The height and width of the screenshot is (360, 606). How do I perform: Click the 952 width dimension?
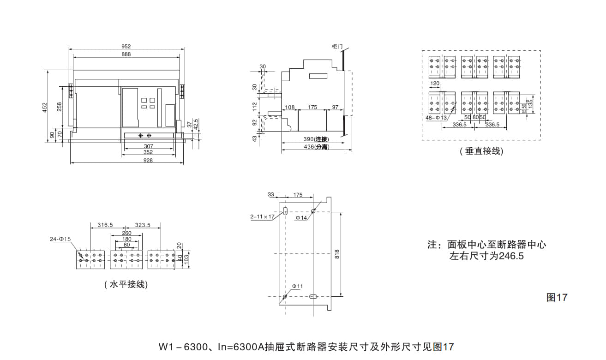click(x=126, y=46)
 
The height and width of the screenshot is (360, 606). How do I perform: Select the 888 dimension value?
click(x=126, y=54)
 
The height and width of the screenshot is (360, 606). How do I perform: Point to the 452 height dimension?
click(x=45, y=107)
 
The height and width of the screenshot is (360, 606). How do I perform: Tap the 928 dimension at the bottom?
click(x=148, y=160)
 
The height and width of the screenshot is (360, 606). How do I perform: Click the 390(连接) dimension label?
click(x=316, y=139)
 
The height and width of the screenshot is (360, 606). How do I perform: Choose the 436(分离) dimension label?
click(x=316, y=147)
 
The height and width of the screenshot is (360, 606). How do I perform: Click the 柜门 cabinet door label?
click(x=337, y=46)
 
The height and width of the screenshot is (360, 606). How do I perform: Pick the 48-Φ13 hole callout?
click(x=436, y=118)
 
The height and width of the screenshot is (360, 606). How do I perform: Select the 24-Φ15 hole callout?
click(x=60, y=239)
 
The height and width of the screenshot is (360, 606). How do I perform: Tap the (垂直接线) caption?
click(x=481, y=151)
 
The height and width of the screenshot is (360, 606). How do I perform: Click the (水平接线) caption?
click(x=126, y=284)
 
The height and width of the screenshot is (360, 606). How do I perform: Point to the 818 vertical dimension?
click(x=337, y=253)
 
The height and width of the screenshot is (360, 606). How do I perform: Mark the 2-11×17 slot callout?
click(x=262, y=216)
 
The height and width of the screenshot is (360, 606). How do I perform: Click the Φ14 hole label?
click(x=301, y=217)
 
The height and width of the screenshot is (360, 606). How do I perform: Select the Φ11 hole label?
click(x=297, y=286)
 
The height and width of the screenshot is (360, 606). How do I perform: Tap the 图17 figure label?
click(x=557, y=298)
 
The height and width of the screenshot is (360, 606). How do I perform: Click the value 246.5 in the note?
click(x=511, y=256)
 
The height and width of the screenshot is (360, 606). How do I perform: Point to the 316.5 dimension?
click(x=105, y=225)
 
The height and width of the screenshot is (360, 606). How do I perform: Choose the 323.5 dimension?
click(x=143, y=225)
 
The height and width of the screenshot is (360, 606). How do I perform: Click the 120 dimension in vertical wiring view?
click(x=434, y=84)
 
